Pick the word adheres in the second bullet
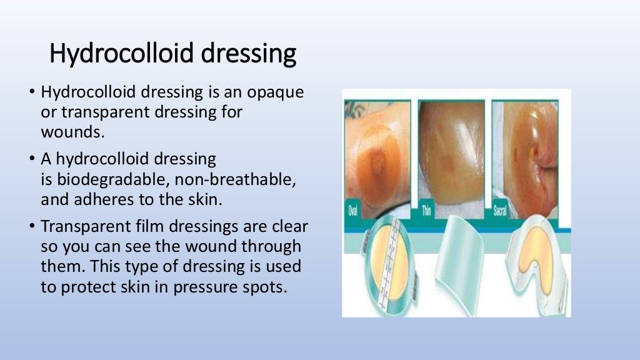click(95, 200)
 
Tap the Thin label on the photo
click(427, 211)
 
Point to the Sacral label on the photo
click(501, 211)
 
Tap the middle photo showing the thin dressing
click(451, 153)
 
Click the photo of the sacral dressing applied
click(532, 153)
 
